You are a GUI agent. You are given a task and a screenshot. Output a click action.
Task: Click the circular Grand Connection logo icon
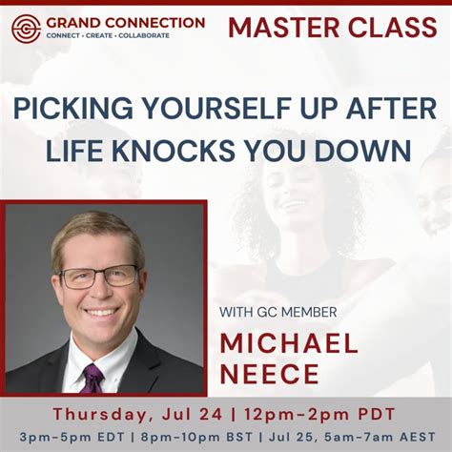click(26, 27)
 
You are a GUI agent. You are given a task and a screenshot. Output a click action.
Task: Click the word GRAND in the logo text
click(74, 22)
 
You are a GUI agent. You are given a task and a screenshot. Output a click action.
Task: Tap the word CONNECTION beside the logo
click(155, 22)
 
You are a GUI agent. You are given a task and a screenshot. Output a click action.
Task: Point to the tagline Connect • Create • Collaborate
click(108, 35)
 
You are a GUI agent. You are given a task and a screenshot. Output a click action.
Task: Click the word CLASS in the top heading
click(392, 28)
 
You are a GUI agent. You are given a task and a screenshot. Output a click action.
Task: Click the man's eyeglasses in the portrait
click(100, 277)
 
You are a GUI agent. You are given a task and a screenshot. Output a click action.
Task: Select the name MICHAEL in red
click(289, 343)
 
